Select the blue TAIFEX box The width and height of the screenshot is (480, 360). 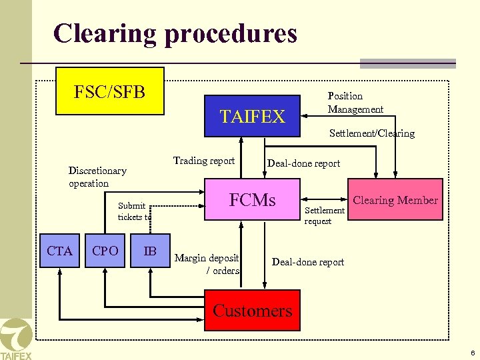253,117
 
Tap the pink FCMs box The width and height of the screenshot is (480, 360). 253,200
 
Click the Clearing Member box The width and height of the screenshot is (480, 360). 395,199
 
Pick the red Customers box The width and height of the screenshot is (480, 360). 252,311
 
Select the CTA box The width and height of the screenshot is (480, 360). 59,251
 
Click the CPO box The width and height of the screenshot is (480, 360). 105,251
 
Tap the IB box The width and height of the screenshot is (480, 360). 150,251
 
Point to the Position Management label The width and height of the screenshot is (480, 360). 355,103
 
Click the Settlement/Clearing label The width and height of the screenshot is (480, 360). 371,133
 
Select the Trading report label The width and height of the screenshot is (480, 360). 204,161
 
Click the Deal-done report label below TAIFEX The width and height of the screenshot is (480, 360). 303,163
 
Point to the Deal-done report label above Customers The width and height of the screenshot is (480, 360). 308,262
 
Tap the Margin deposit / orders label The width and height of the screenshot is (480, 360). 207,264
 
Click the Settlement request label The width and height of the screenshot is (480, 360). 325,215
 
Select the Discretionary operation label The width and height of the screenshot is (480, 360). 97,177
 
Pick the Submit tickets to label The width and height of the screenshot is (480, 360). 135,211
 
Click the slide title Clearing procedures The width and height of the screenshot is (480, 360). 175,33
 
